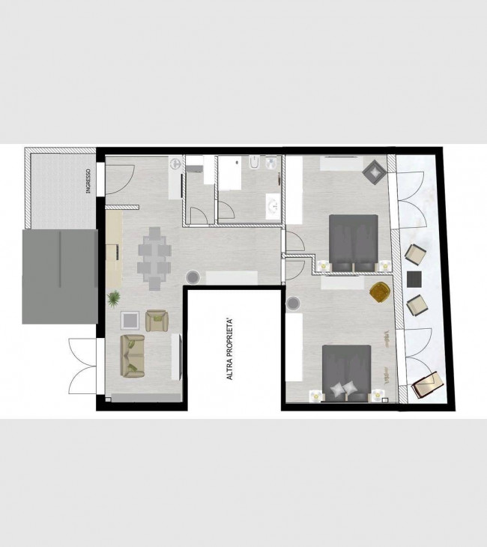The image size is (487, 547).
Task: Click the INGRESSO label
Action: tap(88, 181)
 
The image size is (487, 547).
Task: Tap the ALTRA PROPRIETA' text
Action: tap(229, 349)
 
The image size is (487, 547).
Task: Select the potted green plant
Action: tap(114, 299)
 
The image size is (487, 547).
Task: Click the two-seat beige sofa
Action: tap(133, 356)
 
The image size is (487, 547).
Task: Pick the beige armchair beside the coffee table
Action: tap(157, 321)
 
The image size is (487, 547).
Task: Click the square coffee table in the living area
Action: tap(130, 320)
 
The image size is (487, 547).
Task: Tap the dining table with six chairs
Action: tap(154, 259)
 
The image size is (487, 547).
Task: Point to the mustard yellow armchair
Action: tap(380, 291)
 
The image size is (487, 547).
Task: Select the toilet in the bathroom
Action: tap(270, 163)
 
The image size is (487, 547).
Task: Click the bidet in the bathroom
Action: tap(254, 162)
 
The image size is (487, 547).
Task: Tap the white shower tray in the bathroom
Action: tap(229, 173)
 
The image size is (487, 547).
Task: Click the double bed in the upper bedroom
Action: tap(354, 243)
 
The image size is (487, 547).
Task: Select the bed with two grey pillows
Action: tap(346, 373)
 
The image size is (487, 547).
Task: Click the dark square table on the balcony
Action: tap(414, 279)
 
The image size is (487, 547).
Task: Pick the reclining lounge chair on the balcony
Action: tap(428, 385)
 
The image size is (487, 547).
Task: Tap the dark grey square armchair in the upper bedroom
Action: tap(375, 172)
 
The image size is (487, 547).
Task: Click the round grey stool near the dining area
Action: tap(193, 277)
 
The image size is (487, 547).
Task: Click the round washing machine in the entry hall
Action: tap(175, 163)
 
